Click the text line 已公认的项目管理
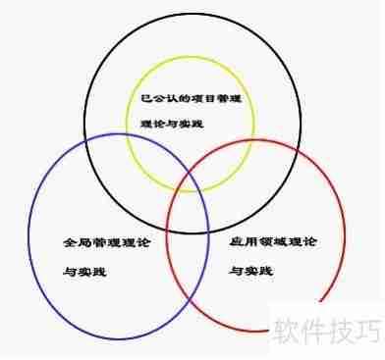pyautogui.click(x=182, y=100)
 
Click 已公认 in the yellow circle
pyautogui.click(x=148, y=100)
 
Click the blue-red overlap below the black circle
pyautogui.click(x=188, y=255)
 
